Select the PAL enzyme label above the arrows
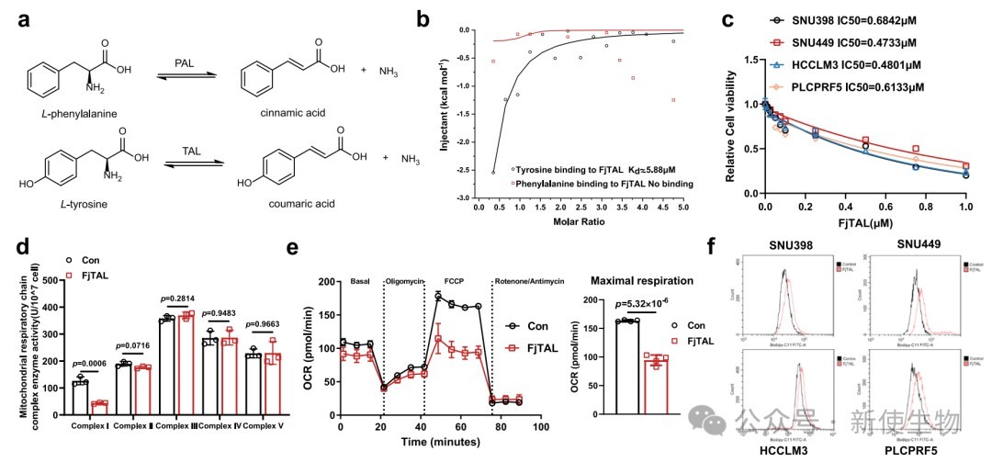point(184,62)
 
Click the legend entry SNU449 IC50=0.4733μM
point(863,43)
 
